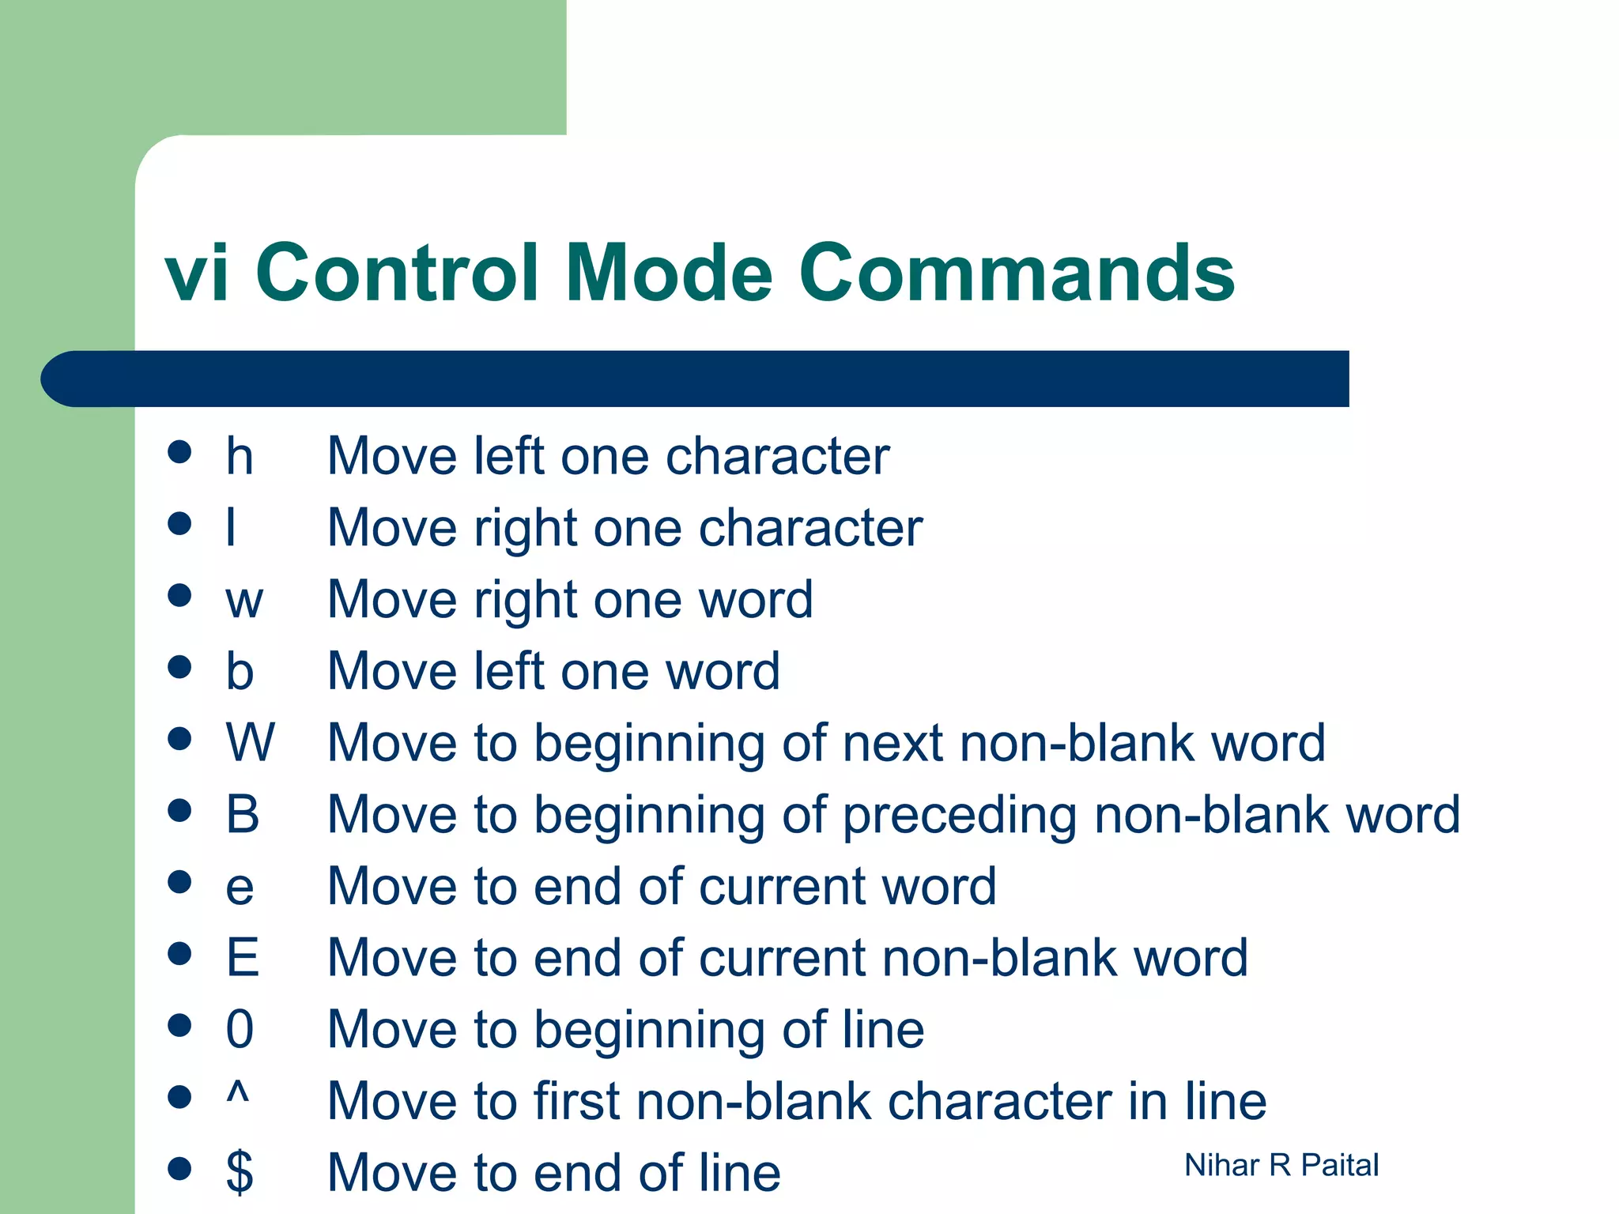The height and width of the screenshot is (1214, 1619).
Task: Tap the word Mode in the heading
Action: (669, 273)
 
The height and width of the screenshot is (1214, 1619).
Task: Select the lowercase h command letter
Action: (240, 456)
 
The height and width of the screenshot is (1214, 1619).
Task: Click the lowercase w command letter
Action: (243, 600)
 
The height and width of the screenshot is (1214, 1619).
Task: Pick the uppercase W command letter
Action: (250, 743)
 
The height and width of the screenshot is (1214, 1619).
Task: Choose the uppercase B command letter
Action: (242, 814)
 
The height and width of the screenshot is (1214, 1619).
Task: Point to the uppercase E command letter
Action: (242, 957)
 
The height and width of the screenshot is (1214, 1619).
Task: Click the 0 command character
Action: (240, 1029)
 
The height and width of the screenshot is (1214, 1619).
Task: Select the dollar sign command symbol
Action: (240, 1172)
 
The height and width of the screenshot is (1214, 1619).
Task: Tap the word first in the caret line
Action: (580, 1101)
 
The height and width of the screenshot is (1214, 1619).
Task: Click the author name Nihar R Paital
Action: (1281, 1165)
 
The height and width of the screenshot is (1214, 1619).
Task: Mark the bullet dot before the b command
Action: (180, 667)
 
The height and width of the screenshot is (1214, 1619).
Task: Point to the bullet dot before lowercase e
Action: (180, 882)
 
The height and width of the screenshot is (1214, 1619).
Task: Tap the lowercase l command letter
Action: (231, 527)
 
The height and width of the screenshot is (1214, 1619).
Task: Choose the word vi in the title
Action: (198, 273)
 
